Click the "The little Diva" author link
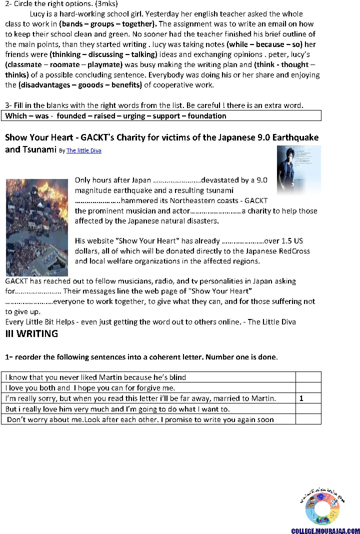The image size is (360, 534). tap(84, 150)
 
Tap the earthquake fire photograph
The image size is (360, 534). tap(36, 227)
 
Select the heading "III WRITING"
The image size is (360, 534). tap(31, 334)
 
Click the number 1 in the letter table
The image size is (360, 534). tap(301, 398)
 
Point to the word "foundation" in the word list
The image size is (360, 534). tap(207, 116)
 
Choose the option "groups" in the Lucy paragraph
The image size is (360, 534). tap(102, 24)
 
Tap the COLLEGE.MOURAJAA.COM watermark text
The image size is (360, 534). tap(325, 531)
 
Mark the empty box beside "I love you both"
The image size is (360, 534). tap(308, 388)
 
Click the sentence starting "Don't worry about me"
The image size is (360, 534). tap(140, 419)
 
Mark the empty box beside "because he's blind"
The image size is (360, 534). tap(308, 377)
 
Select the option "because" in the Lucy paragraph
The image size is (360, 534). tap(267, 44)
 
